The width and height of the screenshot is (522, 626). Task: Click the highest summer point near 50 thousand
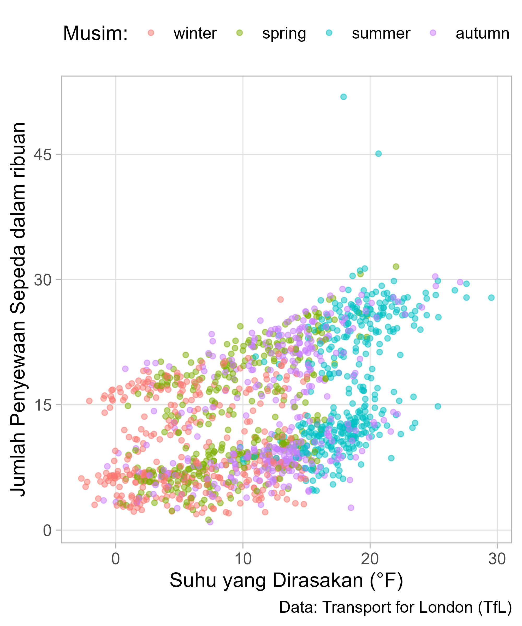click(344, 97)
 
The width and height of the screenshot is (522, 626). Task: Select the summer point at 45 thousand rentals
click(378, 154)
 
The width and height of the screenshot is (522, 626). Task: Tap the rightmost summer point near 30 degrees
click(491, 298)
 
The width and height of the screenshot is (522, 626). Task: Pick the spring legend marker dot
click(240, 33)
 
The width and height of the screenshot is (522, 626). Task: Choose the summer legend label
click(381, 33)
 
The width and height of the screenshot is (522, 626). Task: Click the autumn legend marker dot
click(433, 33)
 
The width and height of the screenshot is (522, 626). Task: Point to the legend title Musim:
click(96, 33)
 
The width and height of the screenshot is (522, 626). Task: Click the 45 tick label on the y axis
click(42, 154)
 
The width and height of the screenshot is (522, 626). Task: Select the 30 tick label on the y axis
click(42, 280)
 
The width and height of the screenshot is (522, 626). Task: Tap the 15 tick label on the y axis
click(42, 405)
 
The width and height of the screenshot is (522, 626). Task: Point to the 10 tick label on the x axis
click(243, 559)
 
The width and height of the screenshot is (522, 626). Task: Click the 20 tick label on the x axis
click(370, 559)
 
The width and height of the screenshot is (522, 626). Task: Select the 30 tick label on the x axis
click(497, 559)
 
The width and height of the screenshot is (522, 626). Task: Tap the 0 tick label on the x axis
click(116, 559)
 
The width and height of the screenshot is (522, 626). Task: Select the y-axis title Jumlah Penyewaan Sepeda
click(19, 310)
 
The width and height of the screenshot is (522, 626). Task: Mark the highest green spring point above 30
click(396, 267)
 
